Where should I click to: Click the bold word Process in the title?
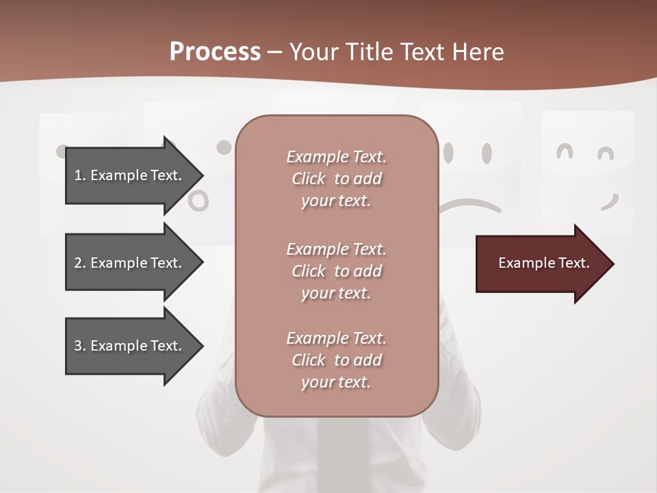215,52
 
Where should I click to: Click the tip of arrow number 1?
201,176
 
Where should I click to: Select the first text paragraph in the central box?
336,179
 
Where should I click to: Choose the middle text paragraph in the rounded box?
336,270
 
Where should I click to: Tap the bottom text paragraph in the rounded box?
336,360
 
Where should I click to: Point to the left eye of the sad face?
449,153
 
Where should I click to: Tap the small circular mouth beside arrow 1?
198,200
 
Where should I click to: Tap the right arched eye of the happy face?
606,153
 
